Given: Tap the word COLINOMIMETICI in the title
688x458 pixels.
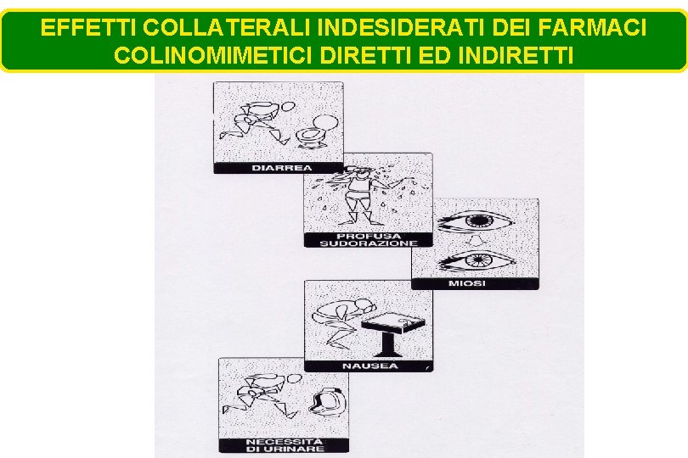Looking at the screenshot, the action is point(213,56).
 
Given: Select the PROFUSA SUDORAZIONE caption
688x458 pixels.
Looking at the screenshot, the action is point(369,240).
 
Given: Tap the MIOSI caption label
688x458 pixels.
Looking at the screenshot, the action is point(467,283).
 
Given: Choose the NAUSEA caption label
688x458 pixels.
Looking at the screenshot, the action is point(369,366).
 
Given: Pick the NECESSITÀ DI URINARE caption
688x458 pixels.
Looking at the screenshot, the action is point(285,445).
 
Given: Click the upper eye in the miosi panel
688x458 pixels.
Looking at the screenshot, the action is point(475,221).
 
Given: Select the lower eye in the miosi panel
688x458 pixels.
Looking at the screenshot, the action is point(477,260).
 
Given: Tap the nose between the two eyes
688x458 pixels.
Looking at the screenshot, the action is point(474,241).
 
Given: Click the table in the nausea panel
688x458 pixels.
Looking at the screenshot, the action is point(392,334).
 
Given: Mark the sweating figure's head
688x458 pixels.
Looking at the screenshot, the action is point(361,174).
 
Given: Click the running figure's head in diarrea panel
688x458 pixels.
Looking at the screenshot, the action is point(288,107).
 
